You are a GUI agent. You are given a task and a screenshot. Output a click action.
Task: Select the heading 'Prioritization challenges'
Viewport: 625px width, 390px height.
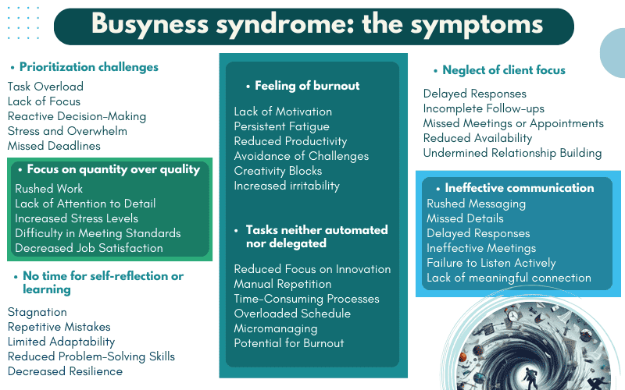(x=88, y=67)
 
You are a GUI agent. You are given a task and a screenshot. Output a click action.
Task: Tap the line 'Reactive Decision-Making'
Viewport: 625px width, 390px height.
(x=77, y=116)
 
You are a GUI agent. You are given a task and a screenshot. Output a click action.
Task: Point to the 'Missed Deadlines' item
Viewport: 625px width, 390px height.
(x=54, y=146)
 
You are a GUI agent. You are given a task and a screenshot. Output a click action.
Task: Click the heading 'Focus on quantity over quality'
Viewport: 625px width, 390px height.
(x=113, y=169)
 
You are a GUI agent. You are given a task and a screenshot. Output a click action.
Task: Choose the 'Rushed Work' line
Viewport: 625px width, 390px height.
(x=49, y=189)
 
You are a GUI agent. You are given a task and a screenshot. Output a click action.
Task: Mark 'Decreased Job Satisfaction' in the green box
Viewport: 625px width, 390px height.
(x=89, y=248)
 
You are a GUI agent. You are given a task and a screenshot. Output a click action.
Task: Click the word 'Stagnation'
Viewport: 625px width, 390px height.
(x=37, y=312)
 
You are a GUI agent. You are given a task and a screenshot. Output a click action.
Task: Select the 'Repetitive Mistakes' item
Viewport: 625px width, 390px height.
(x=59, y=327)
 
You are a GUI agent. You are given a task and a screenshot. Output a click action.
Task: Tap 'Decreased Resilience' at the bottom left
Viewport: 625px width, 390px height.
(x=65, y=371)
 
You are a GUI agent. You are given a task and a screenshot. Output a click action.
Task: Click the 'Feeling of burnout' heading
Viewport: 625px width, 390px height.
(x=302, y=86)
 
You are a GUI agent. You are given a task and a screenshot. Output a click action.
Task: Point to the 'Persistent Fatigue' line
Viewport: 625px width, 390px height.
(x=282, y=126)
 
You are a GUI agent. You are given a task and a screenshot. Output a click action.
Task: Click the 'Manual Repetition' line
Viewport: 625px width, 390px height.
(x=283, y=284)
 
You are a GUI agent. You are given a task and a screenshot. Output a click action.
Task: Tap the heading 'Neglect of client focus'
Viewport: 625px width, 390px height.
(x=504, y=70)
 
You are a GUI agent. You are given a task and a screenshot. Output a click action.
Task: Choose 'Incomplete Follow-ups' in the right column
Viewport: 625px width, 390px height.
(x=484, y=108)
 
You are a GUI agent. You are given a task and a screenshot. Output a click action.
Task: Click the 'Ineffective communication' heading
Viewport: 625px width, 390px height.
(x=519, y=188)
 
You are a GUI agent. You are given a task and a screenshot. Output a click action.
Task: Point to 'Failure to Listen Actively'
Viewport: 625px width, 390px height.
(x=491, y=263)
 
